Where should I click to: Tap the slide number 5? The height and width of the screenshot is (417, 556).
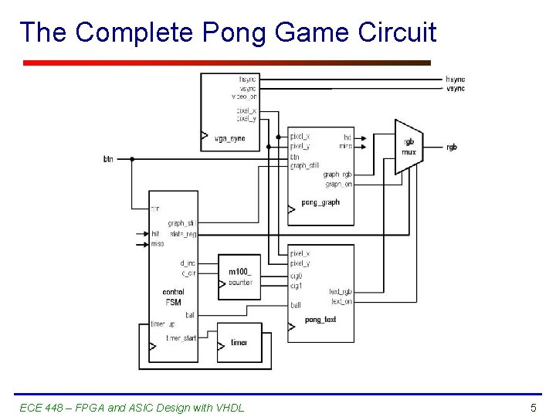[533, 407]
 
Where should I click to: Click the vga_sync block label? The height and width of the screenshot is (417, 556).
[228, 138]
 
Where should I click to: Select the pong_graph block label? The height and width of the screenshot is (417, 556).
[320, 203]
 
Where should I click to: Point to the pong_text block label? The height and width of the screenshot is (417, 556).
[320, 320]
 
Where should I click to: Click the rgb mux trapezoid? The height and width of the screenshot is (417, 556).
[409, 147]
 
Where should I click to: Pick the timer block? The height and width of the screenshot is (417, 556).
[239, 342]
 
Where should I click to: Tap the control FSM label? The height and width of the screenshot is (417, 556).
[174, 297]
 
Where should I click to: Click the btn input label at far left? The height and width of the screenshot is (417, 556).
[108, 159]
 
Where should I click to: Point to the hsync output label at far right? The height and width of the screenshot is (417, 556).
[456, 79]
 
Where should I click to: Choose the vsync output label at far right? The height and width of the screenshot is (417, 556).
[456, 89]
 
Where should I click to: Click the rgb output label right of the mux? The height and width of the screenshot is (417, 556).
[451, 147]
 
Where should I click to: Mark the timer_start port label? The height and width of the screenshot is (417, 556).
[181, 337]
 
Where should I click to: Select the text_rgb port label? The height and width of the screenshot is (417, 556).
[340, 292]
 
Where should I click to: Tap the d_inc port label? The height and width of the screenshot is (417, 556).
[188, 263]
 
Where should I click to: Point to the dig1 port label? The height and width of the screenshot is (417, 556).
[296, 286]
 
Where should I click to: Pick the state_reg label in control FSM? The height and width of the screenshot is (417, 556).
[182, 233]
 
